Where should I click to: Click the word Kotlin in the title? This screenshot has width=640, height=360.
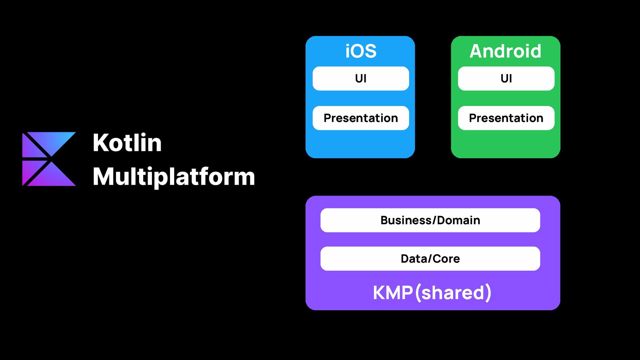click(127, 143)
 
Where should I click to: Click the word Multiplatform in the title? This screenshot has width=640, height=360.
click(174, 177)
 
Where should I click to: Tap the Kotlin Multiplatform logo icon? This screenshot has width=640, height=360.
click(49, 159)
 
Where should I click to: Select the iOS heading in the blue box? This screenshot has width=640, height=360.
click(361, 51)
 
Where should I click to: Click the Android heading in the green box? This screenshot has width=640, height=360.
click(505, 51)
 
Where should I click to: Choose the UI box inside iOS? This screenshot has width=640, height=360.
click(361, 78)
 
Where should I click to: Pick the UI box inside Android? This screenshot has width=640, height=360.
click(506, 78)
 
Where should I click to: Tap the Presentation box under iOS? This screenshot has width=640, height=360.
click(361, 118)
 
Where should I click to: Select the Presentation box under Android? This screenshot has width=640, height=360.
click(506, 118)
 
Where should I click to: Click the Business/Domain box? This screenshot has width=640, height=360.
click(430, 220)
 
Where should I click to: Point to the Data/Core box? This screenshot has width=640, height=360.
click(430, 259)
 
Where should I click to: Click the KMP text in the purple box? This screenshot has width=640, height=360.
click(393, 293)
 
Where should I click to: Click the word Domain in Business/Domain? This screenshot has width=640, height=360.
click(458, 220)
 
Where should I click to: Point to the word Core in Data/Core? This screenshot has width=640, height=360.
click(446, 259)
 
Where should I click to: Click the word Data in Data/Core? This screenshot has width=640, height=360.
click(413, 259)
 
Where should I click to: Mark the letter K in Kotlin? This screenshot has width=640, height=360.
click(101, 143)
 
